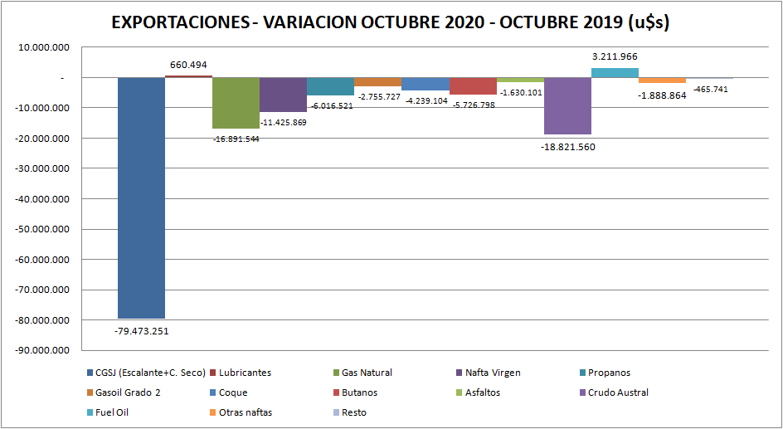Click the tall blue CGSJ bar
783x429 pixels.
(x=141, y=197)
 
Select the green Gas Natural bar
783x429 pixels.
(x=236, y=103)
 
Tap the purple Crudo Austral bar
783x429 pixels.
(x=567, y=105)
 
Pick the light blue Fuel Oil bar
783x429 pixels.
(x=615, y=73)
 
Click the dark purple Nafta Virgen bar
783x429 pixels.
(x=283, y=95)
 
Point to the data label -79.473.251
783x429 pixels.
(x=141, y=330)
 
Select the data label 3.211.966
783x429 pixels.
(x=615, y=56)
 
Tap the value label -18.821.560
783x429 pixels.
(x=567, y=147)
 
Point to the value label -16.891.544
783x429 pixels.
(x=236, y=139)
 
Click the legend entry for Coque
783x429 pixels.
(x=228, y=392)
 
